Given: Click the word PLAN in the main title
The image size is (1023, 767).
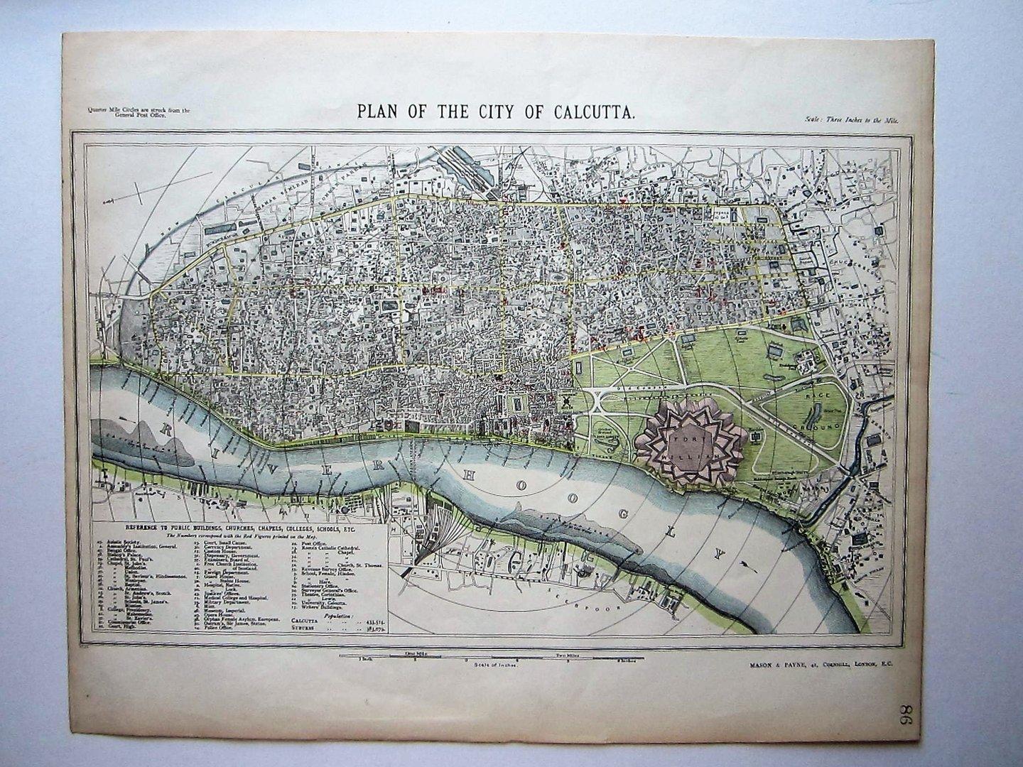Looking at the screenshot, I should tap(376, 111).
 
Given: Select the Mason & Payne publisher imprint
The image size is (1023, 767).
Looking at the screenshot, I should tap(819, 663).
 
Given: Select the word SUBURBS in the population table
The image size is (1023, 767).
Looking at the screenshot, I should tap(306, 628).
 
